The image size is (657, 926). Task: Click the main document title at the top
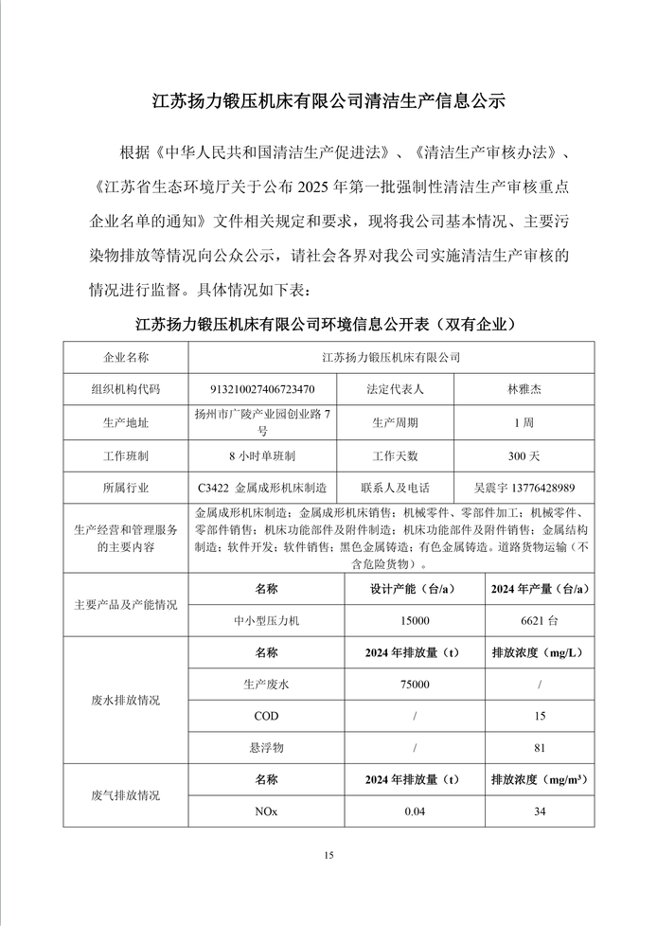pyautogui.click(x=329, y=100)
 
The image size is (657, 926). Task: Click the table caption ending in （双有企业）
pyautogui.click(x=328, y=325)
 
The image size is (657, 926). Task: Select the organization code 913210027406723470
pyautogui.click(x=262, y=389)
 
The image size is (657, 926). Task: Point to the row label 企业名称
pyautogui.click(x=126, y=357)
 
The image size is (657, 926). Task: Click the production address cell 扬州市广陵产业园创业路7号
pyautogui.click(x=262, y=421)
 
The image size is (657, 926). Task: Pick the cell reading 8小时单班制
pyautogui.click(x=262, y=455)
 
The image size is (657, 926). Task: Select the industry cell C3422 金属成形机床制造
pyautogui.click(x=262, y=488)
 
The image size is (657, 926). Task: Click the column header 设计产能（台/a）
pyautogui.click(x=414, y=588)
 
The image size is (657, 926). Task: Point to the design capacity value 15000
pyautogui.click(x=414, y=620)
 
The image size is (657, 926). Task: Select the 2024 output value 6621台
pyautogui.click(x=540, y=620)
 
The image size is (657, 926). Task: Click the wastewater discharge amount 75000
pyautogui.click(x=414, y=684)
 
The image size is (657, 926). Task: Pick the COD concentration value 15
pyautogui.click(x=540, y=716)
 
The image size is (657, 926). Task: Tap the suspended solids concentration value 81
pyautogui.click(x=540, y=748)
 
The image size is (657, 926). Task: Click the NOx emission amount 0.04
pyautogui.click(x=414, y=811)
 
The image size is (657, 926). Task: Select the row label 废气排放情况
pyautogui.click(x=126, y=795)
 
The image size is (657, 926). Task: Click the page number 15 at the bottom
pyautogui.click(x=328, y=856)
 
